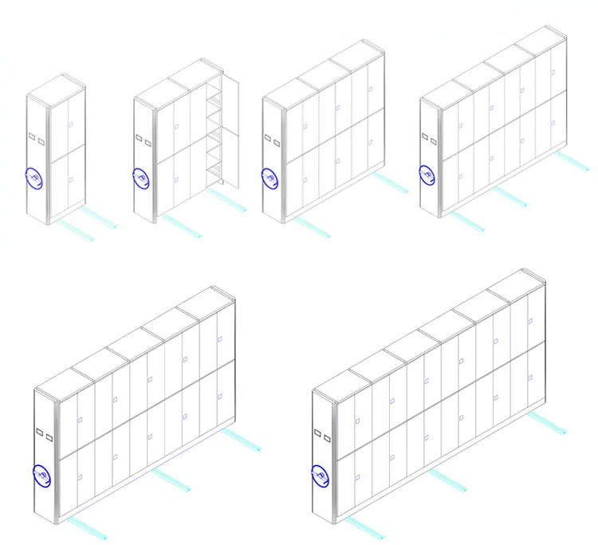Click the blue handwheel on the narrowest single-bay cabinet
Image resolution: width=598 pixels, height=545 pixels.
click(35, 179)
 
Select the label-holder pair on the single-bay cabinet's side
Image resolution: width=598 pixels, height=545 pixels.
click(36, 138)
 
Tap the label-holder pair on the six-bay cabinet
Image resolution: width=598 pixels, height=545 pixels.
click(322, 436)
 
